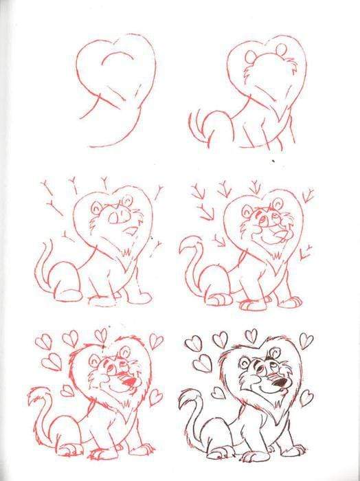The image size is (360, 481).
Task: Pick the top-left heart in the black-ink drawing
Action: (x=195, y=342)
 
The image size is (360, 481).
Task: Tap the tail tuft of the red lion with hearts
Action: (x=35, y=396)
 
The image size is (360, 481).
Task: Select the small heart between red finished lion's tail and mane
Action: (x=67, y=390)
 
